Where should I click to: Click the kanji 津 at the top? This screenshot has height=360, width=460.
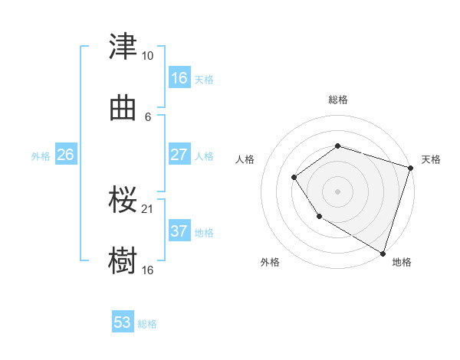point(123,47)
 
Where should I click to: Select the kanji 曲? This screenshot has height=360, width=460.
point(123,108)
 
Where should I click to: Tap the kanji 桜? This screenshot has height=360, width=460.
point(123,200)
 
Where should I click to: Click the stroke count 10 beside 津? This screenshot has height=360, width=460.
point(148,56)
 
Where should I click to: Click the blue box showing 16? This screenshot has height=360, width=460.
point(179,78)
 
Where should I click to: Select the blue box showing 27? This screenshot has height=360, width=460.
point(179,155)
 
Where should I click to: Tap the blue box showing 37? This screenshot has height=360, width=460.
point(179,231)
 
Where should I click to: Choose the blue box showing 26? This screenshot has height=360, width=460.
point(65,155)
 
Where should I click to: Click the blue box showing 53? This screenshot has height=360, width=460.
point(123,322)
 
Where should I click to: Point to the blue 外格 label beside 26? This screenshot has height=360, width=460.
point(41,155)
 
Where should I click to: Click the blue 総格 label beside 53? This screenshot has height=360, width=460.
point(147,324)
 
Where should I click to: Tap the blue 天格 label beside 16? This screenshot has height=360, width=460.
point(204,79)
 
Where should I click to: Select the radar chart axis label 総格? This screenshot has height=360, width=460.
point(337,100)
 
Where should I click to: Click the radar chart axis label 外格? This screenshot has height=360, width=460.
point(270,262)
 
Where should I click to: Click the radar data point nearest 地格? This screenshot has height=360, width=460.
point(383,253)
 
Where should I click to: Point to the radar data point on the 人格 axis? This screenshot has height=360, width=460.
point(294,178)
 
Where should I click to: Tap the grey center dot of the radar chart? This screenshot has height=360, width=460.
point(337,191)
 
